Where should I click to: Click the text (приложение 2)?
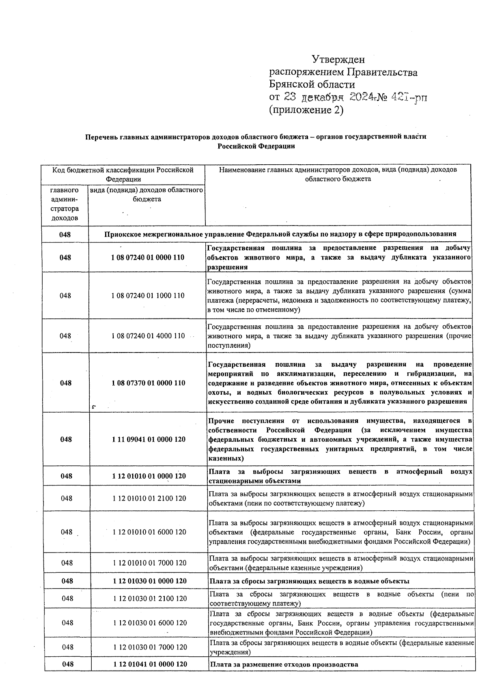pos(306,110)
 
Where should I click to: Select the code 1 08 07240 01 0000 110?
pos(148,258)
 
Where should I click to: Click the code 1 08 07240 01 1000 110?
pos(148,296)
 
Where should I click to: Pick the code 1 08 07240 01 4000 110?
pos(148,336)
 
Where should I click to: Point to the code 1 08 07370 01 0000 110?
pos(149,383)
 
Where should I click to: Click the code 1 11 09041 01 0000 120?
pos(149,439)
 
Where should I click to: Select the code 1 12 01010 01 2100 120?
pos(149,499)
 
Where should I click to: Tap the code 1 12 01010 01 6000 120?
pos(149,532)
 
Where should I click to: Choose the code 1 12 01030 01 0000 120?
pos(150,581)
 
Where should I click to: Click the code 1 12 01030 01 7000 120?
pos(150,647)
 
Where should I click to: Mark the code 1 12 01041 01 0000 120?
pos(150,664)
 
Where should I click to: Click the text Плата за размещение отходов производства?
pos(284,664)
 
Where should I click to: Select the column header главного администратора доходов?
pos(65,204)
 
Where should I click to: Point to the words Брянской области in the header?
pos(312,85)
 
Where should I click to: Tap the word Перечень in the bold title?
pos(101,137)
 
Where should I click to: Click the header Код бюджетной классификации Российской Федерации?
pos(123,174)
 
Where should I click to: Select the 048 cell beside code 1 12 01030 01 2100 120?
pos(67,598)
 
